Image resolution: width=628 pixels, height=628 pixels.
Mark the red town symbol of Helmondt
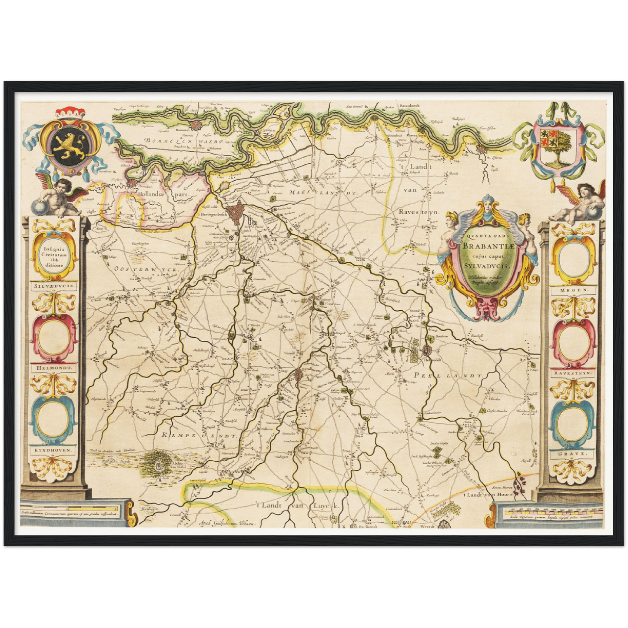tap(427, 350)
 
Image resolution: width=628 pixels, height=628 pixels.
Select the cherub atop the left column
tap(61, 198)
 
